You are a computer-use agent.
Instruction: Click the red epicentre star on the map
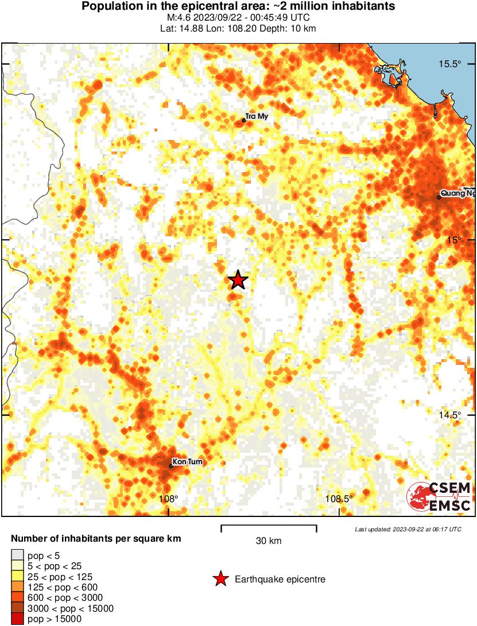(238, 280)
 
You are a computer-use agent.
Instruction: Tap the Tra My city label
(257, 116)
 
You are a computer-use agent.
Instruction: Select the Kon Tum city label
(188, 461)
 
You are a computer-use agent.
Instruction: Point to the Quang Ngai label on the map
(458, 193)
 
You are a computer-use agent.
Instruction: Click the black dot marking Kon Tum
(171, 466)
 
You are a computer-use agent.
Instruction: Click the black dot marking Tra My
(244, 120)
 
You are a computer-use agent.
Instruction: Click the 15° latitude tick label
(454, 240)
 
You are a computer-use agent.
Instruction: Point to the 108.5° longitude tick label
(339, 499)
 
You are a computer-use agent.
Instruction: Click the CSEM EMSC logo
(439, 496)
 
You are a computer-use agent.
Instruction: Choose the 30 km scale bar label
(269, 541)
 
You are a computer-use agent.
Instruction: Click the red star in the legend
(220, 580)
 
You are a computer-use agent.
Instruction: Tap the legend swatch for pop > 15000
(17, 619)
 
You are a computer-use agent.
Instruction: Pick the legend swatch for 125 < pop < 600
(17, 587)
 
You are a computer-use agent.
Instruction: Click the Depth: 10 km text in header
(290, 28)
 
